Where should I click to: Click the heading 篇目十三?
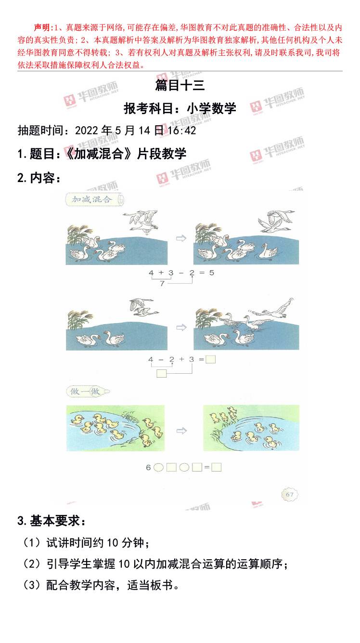coord(180,86)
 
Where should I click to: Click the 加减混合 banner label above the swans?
coord(91,199)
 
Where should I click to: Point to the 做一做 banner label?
coord(85,392)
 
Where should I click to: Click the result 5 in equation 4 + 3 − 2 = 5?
coord(211,273)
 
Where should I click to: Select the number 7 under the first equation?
coord(162,283)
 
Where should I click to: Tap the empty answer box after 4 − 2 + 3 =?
coord(210,359)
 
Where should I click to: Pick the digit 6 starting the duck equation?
coord(149,467)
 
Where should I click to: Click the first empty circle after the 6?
coord(158,467)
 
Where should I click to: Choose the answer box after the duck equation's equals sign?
coord(216,467)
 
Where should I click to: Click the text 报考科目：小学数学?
coord(180,108)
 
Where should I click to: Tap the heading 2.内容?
coord(39,178)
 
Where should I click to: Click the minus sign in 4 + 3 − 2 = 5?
coord(181,273)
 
